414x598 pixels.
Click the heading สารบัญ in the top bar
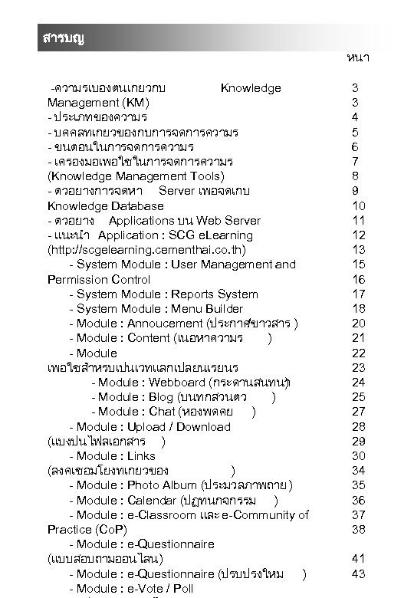click(63, 39)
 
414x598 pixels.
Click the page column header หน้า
click(358, 58)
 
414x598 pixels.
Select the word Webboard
click(178, 382)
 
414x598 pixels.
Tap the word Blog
click(162, 396)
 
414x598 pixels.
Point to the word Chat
click(163, 412)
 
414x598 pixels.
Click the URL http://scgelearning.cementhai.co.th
click(147, 250)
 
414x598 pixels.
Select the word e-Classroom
click(161, 515)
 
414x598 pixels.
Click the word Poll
click(182, 589)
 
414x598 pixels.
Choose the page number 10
click(358, 206)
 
